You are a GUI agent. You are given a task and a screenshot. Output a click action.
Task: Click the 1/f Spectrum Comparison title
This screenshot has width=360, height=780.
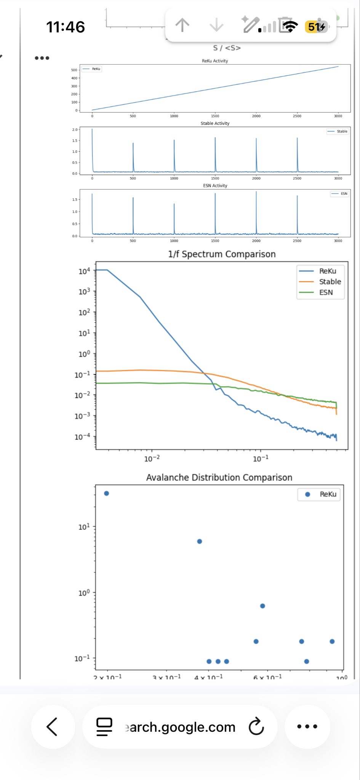(x=222, y=254)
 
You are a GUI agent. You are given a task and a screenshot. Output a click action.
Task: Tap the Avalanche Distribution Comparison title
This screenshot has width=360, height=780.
(x=219, y=478)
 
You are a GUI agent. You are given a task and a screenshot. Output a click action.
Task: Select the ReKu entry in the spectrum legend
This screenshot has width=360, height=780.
(x=327, y=271)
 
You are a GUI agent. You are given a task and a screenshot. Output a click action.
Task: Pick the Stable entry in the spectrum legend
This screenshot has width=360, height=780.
(x=330, y=282)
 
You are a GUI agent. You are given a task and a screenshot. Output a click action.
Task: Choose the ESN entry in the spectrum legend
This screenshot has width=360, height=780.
(x=326, y=292)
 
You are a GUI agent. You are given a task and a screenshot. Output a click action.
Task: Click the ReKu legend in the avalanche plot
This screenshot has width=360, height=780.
(x=328, y=494)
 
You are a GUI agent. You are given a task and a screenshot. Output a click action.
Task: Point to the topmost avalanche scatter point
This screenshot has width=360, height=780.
(x=107, y=494)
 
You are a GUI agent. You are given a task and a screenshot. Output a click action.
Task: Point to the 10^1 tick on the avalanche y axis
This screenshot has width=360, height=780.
(x=84, y=527)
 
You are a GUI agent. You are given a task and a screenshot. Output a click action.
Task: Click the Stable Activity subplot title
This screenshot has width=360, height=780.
(x=215, y=123)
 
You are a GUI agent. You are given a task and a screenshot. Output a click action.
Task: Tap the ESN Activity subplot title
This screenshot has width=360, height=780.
(x=215, y=186)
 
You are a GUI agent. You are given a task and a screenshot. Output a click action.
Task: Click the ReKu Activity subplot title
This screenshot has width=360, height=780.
(x=215, y=61)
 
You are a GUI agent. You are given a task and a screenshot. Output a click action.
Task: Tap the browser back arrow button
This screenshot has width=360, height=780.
(x=52, y=727)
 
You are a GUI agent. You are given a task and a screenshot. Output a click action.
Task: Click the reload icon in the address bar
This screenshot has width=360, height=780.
(x=256, y=727)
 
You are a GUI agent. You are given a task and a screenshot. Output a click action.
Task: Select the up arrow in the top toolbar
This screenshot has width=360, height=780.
(x=182, y=26)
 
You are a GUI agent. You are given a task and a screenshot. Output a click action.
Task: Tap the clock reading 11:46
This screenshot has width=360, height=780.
(x=66, y=27)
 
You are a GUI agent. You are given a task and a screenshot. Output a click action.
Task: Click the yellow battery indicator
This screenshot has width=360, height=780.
(x=316, y=27)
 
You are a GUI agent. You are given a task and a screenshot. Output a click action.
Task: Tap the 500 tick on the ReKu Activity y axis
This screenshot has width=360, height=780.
(x=74, y=70)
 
